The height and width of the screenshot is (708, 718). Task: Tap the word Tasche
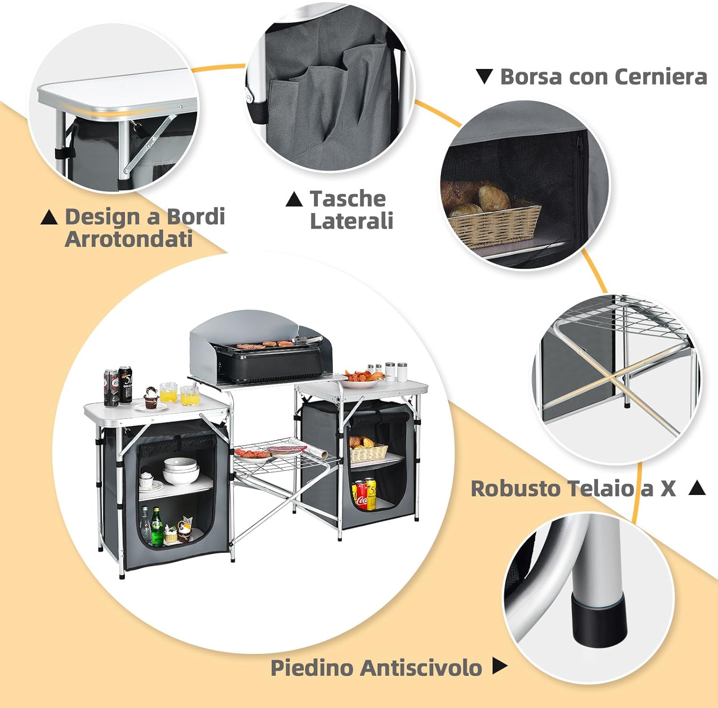click(348, 199)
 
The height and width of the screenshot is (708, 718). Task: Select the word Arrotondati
click(129, 238)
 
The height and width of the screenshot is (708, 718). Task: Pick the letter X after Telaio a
click(668, 489)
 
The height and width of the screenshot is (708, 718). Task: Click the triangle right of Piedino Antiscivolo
click(499, 665)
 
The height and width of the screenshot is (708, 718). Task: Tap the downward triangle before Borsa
click(484, 77)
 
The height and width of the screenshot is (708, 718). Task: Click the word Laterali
click(352, 221)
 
